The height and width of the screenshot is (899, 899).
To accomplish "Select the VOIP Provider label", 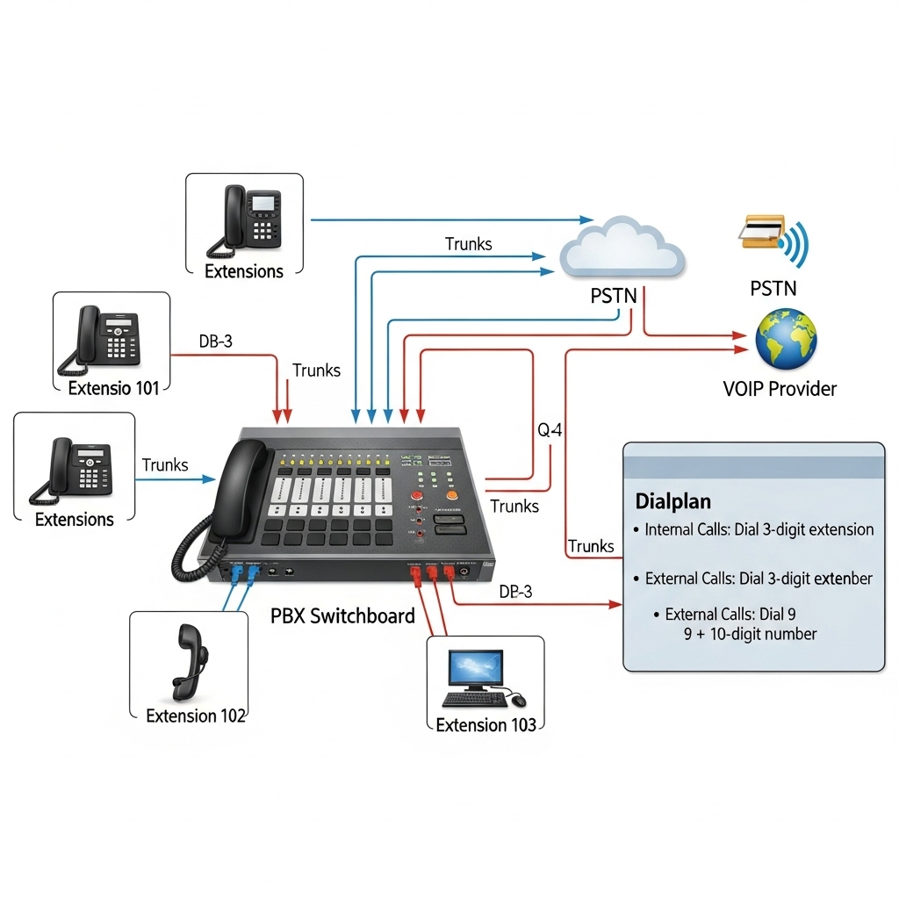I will [780, 388].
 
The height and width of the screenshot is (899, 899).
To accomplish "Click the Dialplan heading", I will [672, 501].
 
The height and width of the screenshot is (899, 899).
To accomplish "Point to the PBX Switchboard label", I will [342, 615].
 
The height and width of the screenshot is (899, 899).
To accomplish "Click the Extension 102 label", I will [196, 716].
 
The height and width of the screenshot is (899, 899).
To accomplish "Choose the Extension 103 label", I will [485, 724].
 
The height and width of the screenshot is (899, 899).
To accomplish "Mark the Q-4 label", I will [550, 430].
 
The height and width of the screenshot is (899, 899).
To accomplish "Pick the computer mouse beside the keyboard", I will [518, 700].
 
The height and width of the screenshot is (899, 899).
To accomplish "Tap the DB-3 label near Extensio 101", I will [215, 342].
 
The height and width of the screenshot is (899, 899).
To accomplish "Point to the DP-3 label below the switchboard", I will [515, 592].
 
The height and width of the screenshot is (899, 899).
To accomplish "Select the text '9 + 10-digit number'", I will [750, 634].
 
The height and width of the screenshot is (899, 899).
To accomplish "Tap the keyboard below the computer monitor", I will [474, 700].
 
